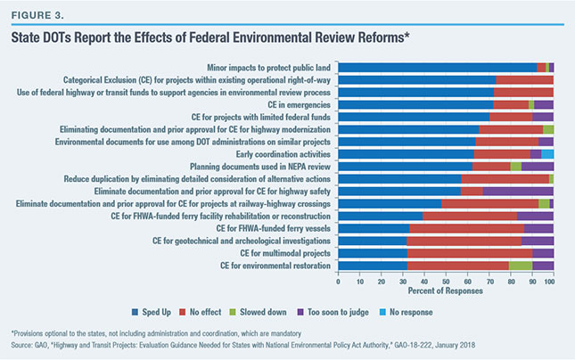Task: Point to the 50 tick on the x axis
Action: pos(446,281)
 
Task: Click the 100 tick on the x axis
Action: pos(549,281)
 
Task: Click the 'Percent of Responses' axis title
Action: pos(446,291)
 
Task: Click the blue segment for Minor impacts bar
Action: pos(437,67)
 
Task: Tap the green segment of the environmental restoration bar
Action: pos(520,266)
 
